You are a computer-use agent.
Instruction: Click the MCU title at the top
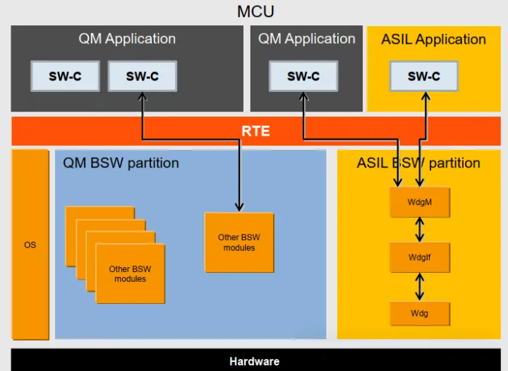255,11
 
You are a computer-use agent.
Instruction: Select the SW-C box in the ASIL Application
423,76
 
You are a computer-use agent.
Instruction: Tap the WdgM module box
420,202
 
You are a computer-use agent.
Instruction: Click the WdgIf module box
420,257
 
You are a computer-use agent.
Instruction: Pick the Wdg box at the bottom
420,312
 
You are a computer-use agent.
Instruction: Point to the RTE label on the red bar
255,131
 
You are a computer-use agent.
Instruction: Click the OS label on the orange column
30,245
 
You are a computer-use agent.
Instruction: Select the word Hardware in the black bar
254,361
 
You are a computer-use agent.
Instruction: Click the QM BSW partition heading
121,163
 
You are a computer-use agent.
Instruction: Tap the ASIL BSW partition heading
418,163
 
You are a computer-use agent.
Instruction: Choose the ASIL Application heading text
433,40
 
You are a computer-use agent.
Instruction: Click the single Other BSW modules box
239,242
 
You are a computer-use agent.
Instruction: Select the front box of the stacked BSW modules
130,273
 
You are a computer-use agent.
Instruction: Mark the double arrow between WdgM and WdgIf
420,230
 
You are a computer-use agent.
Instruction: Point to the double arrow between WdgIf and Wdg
420,285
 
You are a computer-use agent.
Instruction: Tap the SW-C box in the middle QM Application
303,76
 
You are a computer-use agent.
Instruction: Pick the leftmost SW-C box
64,76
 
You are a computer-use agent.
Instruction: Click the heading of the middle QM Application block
307,39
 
